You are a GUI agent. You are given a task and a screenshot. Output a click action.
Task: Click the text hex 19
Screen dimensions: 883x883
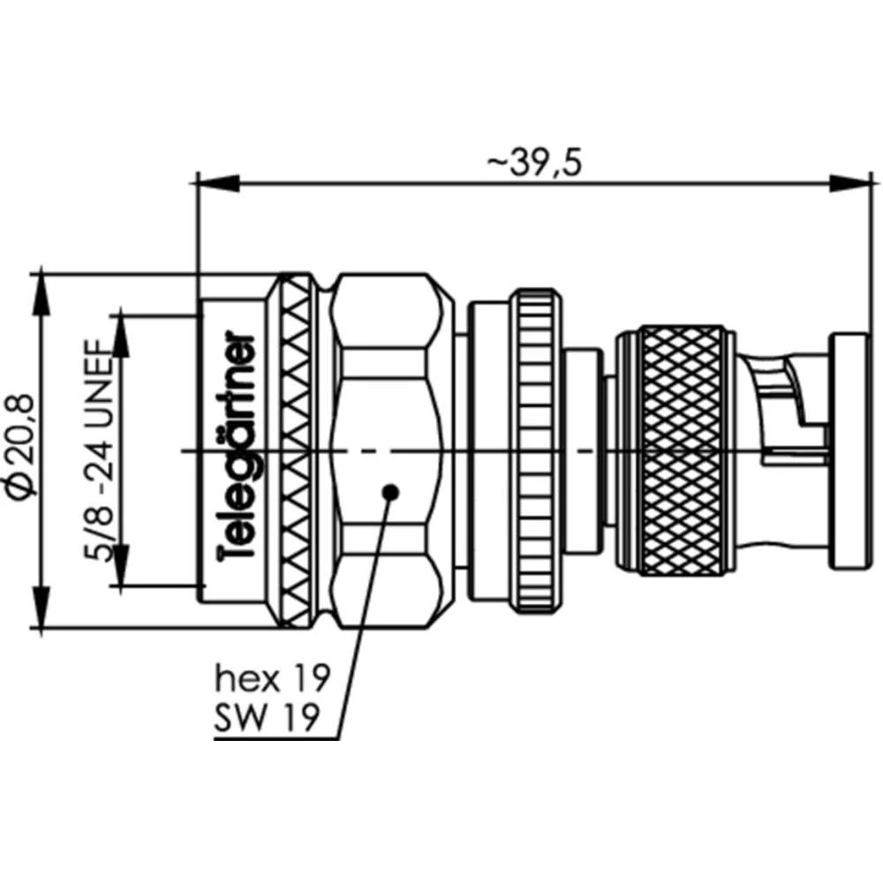(272, 679)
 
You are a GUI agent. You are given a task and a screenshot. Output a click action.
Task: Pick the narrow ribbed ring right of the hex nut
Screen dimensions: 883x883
(536, 450)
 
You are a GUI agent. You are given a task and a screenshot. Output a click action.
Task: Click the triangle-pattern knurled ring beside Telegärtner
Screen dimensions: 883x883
(298, 450)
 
